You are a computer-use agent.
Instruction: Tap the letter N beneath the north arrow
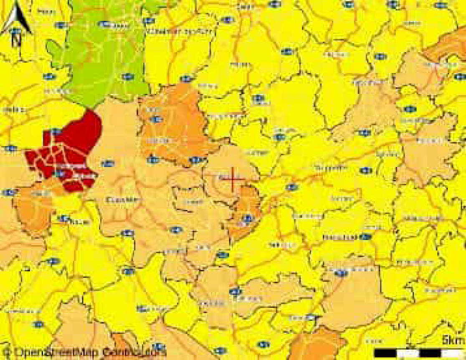tap(16, 41)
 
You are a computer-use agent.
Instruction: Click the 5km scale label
tap(453, 340)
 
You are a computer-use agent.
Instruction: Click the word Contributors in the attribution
tap(134, 352)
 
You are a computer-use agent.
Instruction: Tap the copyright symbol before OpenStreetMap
tap(7, 352)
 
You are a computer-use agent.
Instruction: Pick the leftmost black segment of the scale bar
tap(385, 353)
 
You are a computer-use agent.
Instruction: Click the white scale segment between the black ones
tap(408, 353)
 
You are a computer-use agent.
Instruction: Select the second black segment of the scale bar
tap(431, 353)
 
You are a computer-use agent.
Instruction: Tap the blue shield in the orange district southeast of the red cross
tap(248, 218)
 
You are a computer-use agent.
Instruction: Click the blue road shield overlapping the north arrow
tap(15, 31)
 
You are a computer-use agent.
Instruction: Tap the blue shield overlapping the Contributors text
tap(158, 346)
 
